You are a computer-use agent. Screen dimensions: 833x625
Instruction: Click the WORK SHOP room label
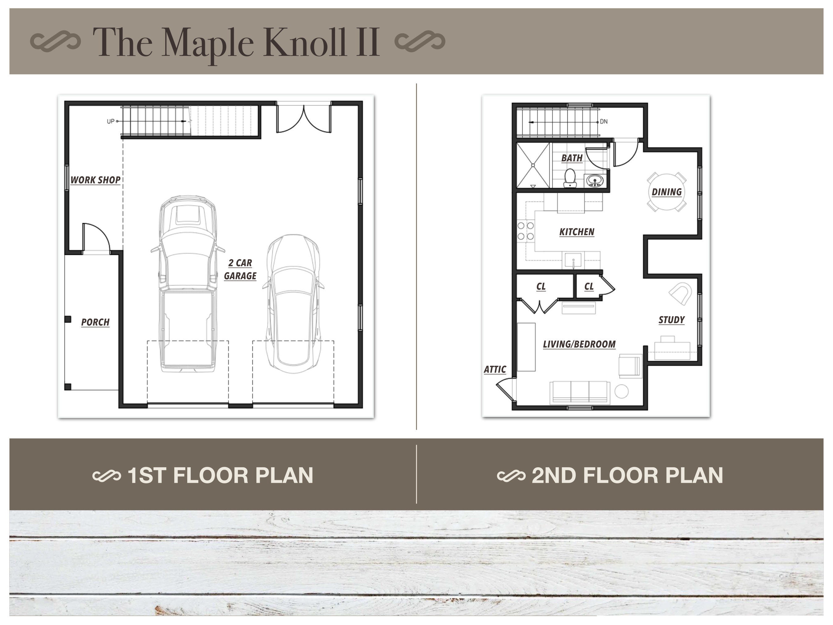(x=96, y=180)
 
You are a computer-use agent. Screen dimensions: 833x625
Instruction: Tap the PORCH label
(x=95, y=323)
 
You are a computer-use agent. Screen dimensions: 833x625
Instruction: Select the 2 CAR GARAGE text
(x=240, y=269)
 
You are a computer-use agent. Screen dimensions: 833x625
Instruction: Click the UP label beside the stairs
(x=111, y=122)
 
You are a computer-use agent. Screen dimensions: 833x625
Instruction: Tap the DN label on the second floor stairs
(x=604, y=122)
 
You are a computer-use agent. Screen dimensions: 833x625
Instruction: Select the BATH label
(x=572, y=158)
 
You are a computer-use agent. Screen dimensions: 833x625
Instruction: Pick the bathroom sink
(x=595, y=181)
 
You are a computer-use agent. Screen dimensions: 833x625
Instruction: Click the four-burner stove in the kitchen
(x=526, y=231)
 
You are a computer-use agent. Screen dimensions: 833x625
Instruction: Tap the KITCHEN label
(x=577, y=232)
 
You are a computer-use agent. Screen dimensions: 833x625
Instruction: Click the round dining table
(x=666, y=192)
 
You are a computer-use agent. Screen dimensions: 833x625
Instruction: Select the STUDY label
(x=671, y=320)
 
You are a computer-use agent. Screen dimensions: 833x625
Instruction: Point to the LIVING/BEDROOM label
(x=579, y=344)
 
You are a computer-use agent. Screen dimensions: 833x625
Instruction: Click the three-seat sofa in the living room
(x=580, y=393)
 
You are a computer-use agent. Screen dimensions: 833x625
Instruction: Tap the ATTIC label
(x=495, y=369)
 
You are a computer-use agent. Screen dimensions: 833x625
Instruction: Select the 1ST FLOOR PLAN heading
(x=221, y=475)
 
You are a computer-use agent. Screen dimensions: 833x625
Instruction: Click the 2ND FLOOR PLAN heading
(x=627, y=475)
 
